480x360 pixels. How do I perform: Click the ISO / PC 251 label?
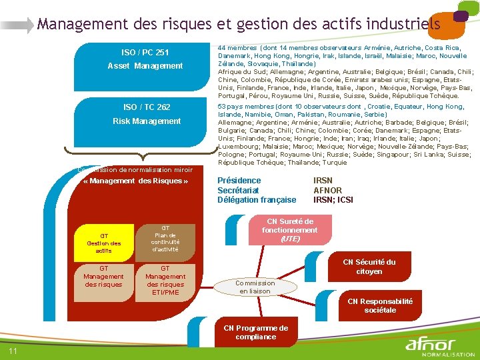click(x=145, y=53)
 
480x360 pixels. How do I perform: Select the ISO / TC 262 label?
click(x=147, y=107)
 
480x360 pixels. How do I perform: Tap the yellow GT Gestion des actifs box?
click(x=104, y=243)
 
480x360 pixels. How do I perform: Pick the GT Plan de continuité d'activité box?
click(x=165, y=239)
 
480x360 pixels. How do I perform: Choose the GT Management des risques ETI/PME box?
click(x=165, y=280)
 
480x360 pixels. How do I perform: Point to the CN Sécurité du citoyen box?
click(x=369, y=267)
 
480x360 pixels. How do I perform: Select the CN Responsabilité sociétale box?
click(x=379, y=305)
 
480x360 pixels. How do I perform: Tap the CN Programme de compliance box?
click(x=256, y=332)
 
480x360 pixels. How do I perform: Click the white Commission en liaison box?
click(x=255, y=287)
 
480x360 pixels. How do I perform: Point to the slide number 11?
click(x=13, y=351)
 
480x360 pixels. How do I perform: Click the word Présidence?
click(x=239, y=181)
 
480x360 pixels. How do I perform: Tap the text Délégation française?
click(x=257, y=200)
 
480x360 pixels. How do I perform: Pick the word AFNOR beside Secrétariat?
click(x=327, y=190)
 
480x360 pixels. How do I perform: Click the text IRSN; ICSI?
click(x=333, y=200)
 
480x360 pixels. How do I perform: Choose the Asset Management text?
click(x=145, y=66)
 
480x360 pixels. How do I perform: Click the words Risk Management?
click(x=147, y=121)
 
